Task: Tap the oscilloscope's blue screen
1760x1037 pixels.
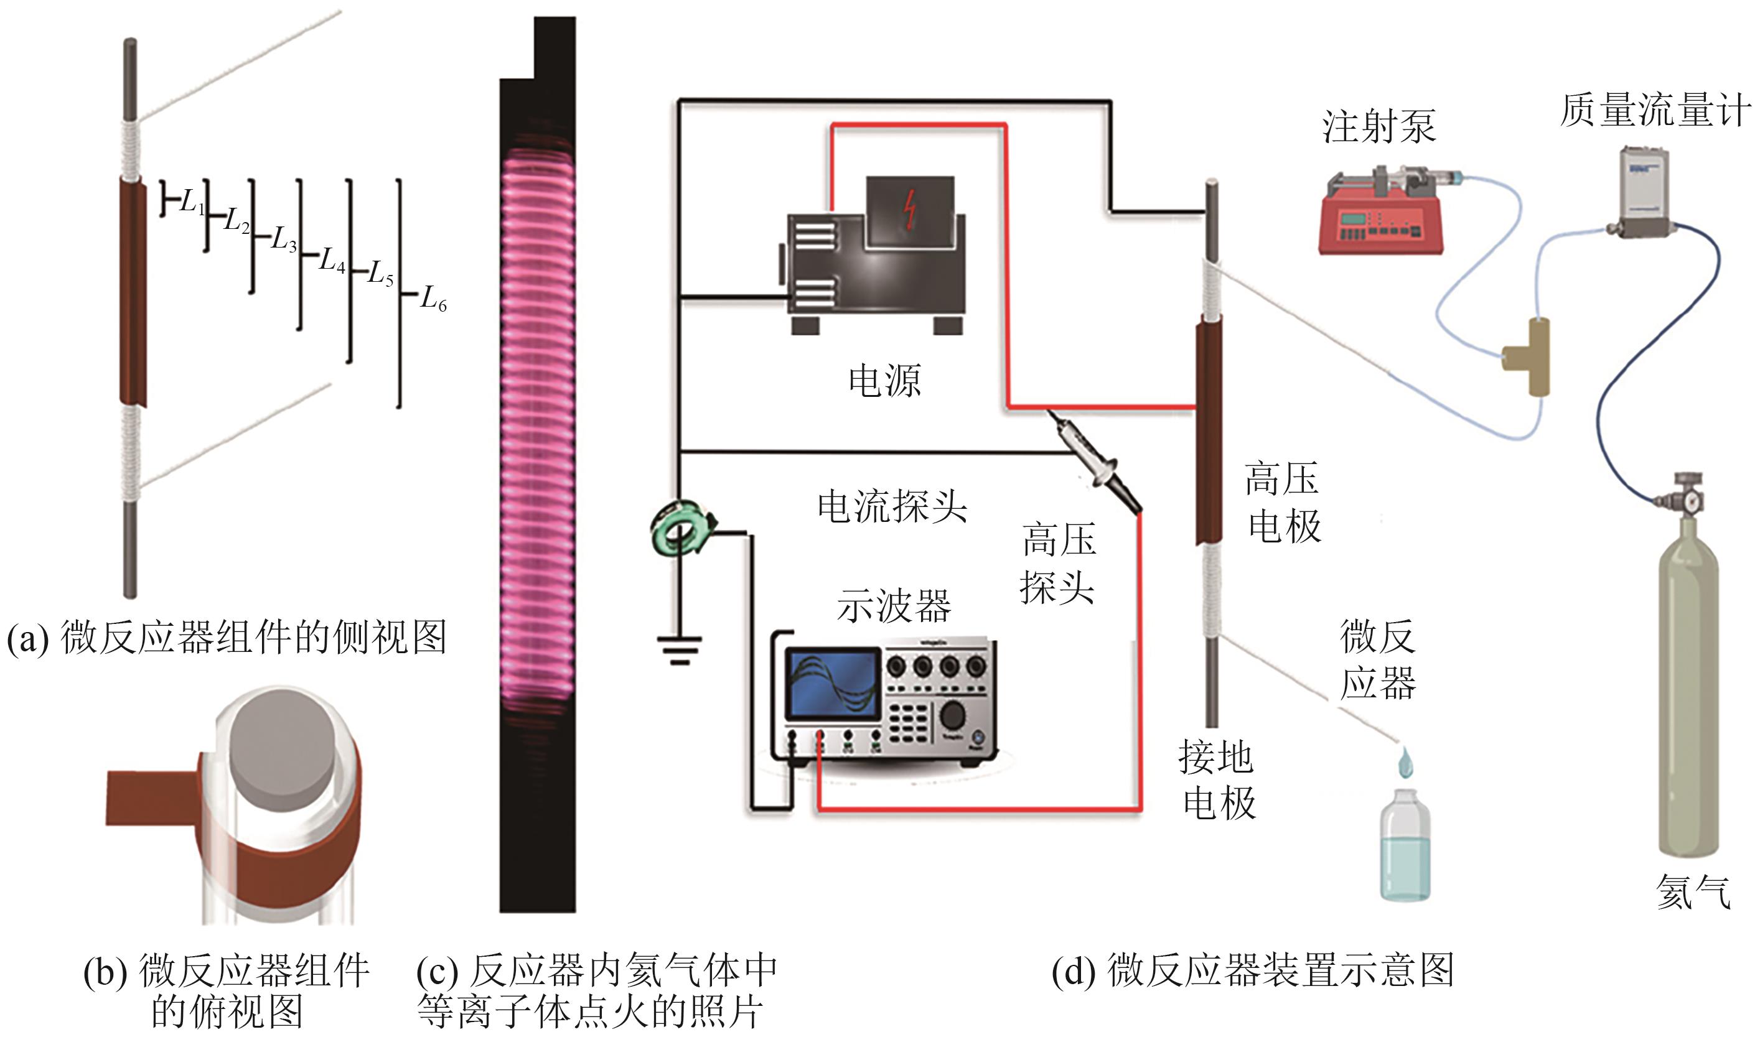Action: coord(832,684)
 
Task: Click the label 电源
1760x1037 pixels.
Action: coord(885,381)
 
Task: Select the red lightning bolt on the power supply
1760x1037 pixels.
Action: coord(909,210)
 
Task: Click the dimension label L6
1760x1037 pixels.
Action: coord(433,299)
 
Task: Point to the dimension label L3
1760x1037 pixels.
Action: coord(284,239)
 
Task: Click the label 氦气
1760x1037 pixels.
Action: coord(1693,891)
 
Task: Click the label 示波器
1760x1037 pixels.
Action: coord(893,606)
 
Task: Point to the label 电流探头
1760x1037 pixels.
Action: coord(892,506)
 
